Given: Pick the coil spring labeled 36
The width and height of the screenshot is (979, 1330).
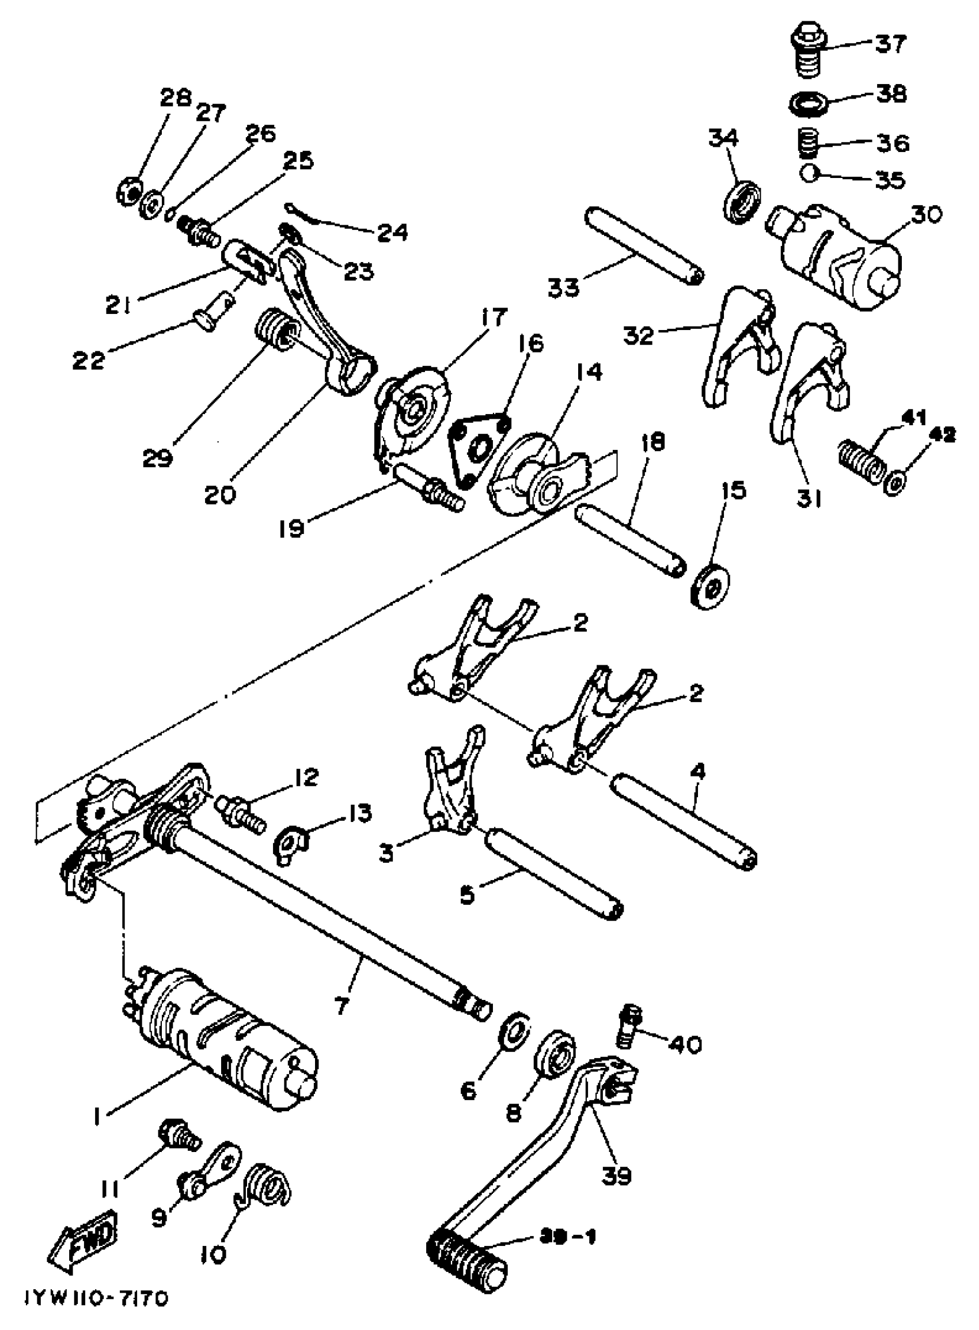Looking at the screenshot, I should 807,143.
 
